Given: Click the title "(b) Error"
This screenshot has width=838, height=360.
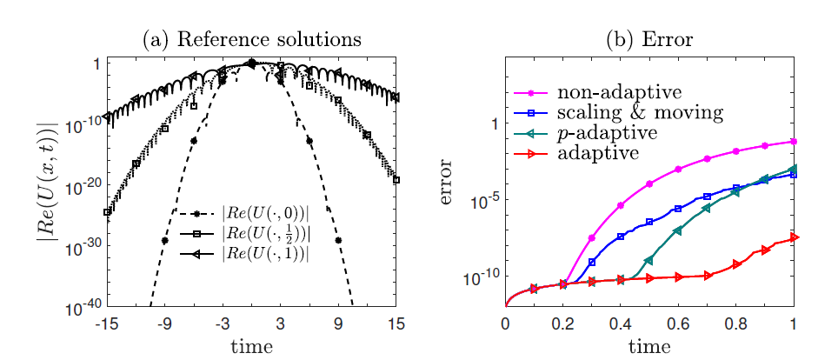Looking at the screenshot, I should tap(648, 40).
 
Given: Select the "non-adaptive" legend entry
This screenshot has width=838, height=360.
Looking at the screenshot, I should tap(608, 91).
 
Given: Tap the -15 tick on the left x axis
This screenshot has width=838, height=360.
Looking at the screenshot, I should tap(107, 324).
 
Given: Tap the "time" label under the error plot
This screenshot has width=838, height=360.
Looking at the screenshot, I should tap(648, 346).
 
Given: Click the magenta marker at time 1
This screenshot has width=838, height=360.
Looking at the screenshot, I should tap(793, 141).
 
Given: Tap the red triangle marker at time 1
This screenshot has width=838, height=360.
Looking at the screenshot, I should tap(793, 237).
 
